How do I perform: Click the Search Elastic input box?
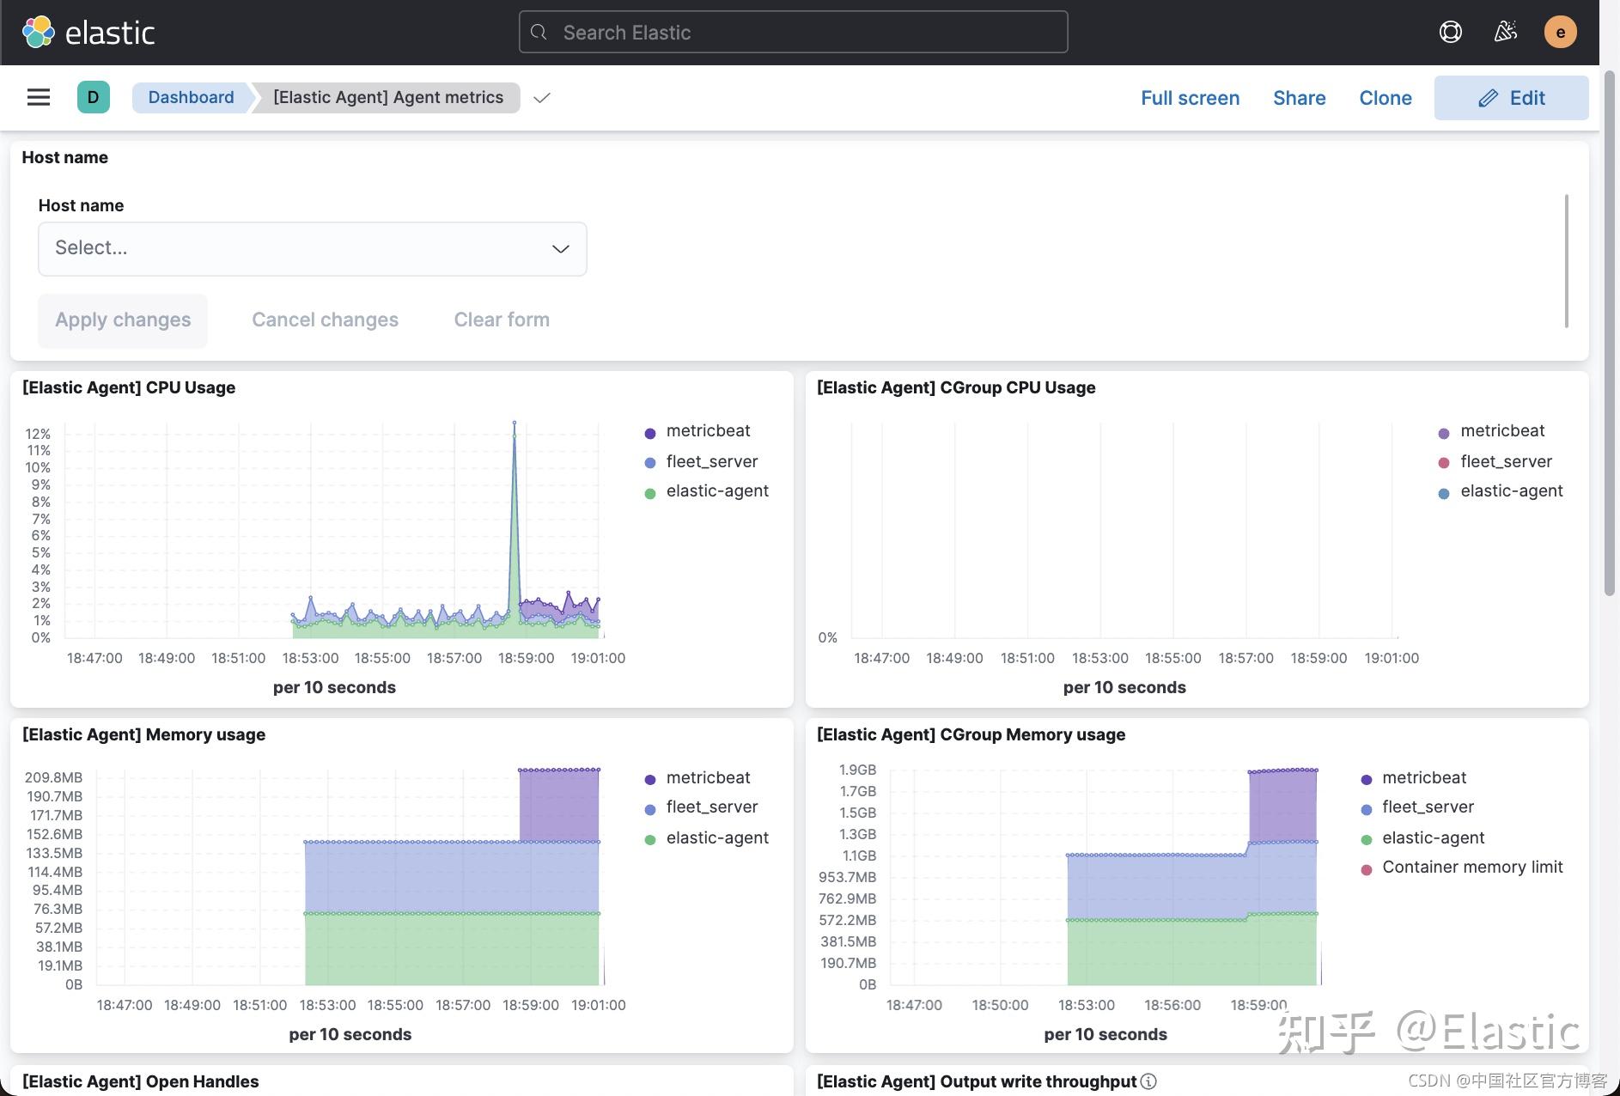(792, 33)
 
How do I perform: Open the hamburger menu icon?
(39, 97)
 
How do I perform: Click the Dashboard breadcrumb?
(191, 97)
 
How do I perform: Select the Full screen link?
(1190, 98)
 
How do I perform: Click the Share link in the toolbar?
(1299, 98)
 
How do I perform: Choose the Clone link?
(1385, 98)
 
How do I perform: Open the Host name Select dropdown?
(313, 248)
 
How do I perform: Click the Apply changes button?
(123, 320)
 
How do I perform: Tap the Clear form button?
(502, 320)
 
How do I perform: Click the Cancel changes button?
(325, 320)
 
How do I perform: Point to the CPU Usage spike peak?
(515, 423)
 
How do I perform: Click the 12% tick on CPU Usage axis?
(38, 434)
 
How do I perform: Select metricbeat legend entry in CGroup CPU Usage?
(1501, 431)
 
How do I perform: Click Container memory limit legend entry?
(1471, 868)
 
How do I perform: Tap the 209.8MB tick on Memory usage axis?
(53, 777)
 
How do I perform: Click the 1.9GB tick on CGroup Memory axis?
(857, 770)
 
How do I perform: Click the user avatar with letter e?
(1560, 33)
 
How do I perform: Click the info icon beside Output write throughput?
(1148, 1081)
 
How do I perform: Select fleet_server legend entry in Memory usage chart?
(711, 807)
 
